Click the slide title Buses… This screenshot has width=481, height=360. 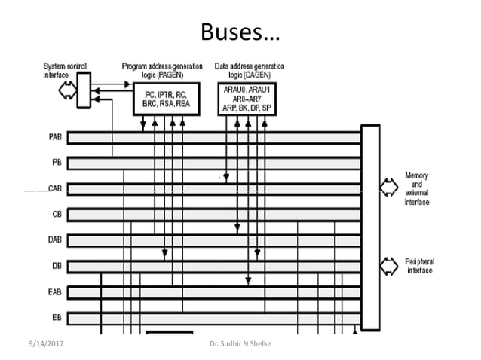click(240, 32)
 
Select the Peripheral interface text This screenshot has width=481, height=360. click(420, 266)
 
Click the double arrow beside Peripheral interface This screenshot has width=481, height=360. click(388, 265)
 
